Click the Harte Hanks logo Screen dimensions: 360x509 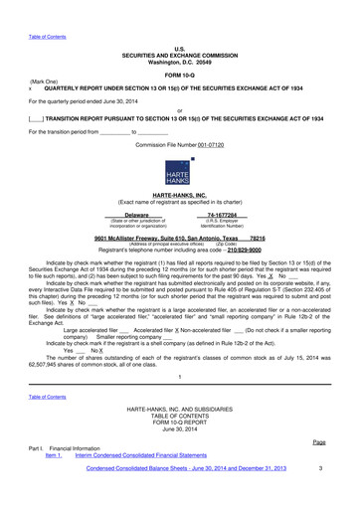[x=180, y=172]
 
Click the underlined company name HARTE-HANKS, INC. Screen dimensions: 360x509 [x=180, y=197]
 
